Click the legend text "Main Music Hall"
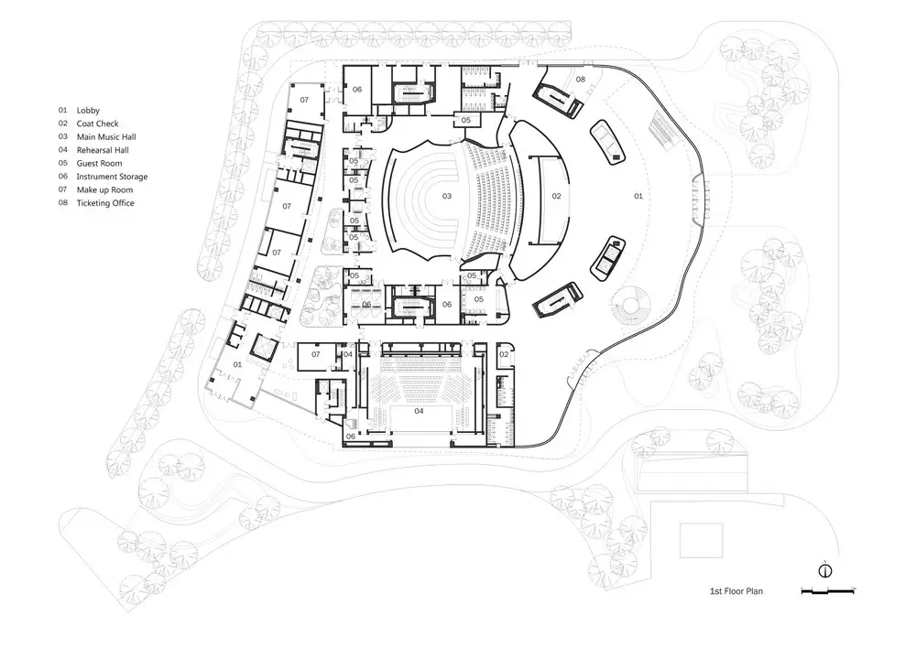[x=106, y=136]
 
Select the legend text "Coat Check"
[x=98, y=124]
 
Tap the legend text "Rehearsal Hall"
[x=103, y=150]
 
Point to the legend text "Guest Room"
[x=99, y=164]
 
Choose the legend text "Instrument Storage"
[x=112, y=177]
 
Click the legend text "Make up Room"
[x=104, y=189]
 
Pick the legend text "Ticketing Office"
[x=105, y=203]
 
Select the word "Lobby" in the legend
[x=88, y=110]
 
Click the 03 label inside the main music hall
[x=447, y=196]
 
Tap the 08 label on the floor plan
[x=580, y=80]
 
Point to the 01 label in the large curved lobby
[x=638, y=196]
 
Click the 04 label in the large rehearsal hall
[x=419, y=411]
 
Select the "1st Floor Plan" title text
[x=736, y=591]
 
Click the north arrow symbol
[x=825, y=570]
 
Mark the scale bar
[x=828, y=591]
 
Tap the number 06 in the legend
[x=63, y=177]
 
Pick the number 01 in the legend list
[x=63, y=110]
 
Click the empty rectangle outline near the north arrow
[x=701, y=540]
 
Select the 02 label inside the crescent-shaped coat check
[x=556, y=196]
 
